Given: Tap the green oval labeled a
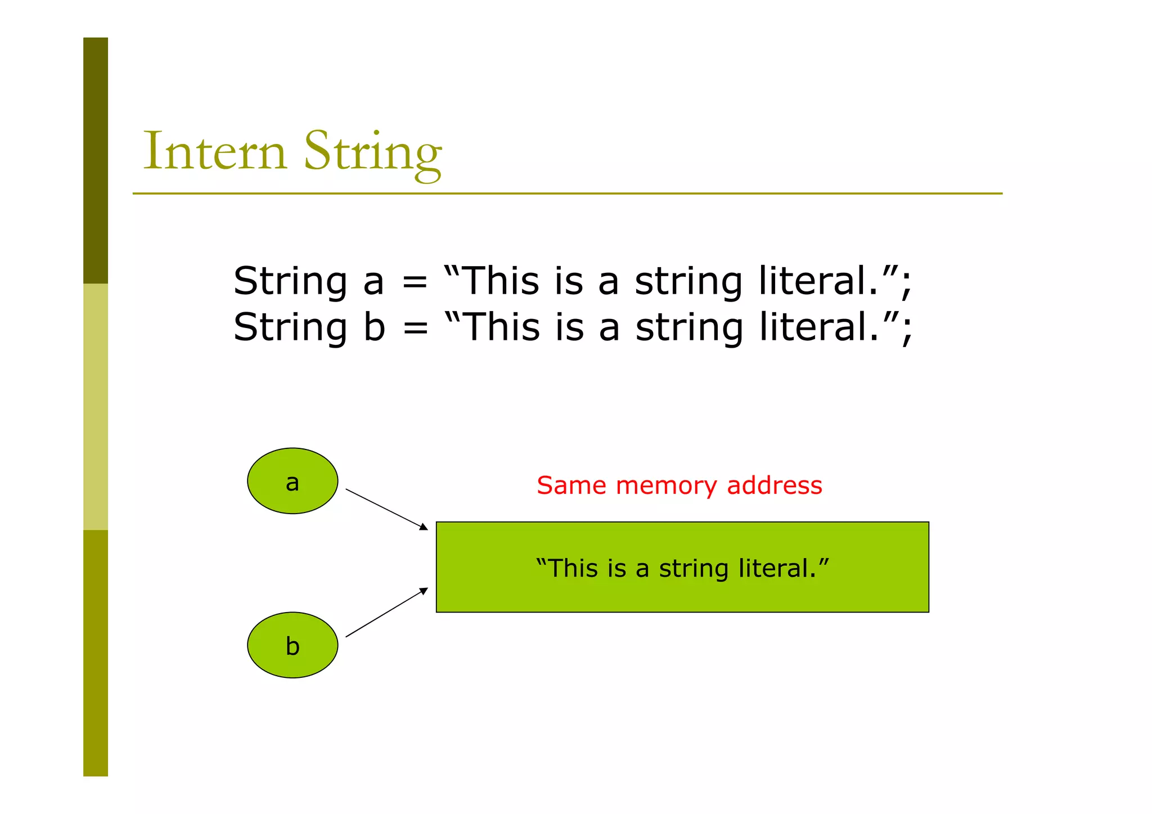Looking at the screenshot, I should pos(292,481).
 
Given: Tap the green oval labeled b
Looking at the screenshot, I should pos(292,645).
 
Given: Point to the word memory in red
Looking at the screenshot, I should pos(666,485).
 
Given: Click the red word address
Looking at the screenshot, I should pos(774,485).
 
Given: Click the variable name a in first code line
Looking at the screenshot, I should pos(373,282).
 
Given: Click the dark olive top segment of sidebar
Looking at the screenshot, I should pos(96,160).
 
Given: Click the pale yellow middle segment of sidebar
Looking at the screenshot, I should pos(96,406).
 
